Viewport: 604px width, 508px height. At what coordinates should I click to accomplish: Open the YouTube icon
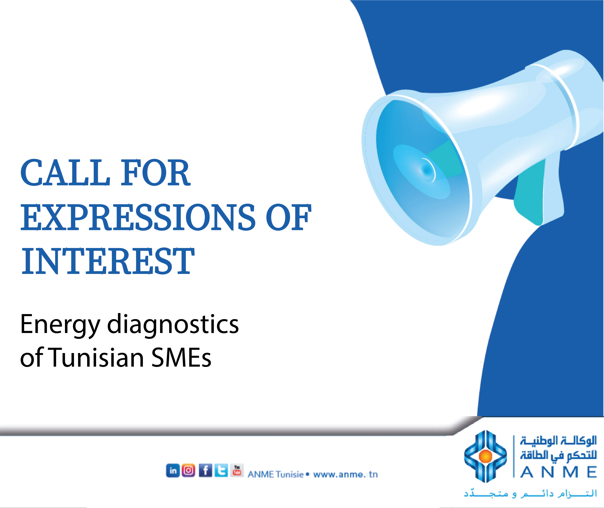pos(237,470)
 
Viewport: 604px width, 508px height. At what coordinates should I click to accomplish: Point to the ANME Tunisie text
pos(276,474)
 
